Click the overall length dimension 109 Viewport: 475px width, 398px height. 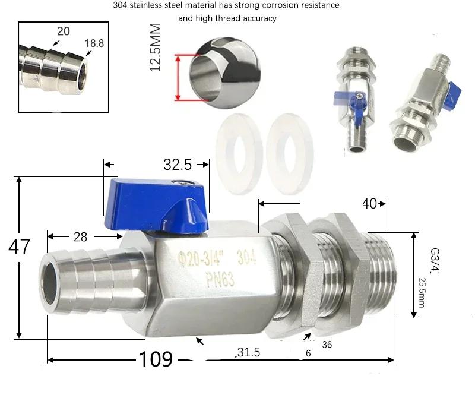pos(156,359)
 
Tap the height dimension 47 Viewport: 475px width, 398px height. pos(19,247)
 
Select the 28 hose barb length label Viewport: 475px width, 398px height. pos(80,237)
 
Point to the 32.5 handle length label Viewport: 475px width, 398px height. pos(178,165)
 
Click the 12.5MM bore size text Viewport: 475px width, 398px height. pos(156,48)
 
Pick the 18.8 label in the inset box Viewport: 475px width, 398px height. pos(94,43)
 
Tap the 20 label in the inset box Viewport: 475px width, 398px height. pos(64,31)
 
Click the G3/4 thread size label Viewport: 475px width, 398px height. pos(435,260)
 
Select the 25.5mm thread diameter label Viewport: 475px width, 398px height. pos(422,292)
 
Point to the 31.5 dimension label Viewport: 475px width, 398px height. pos(248,352)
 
